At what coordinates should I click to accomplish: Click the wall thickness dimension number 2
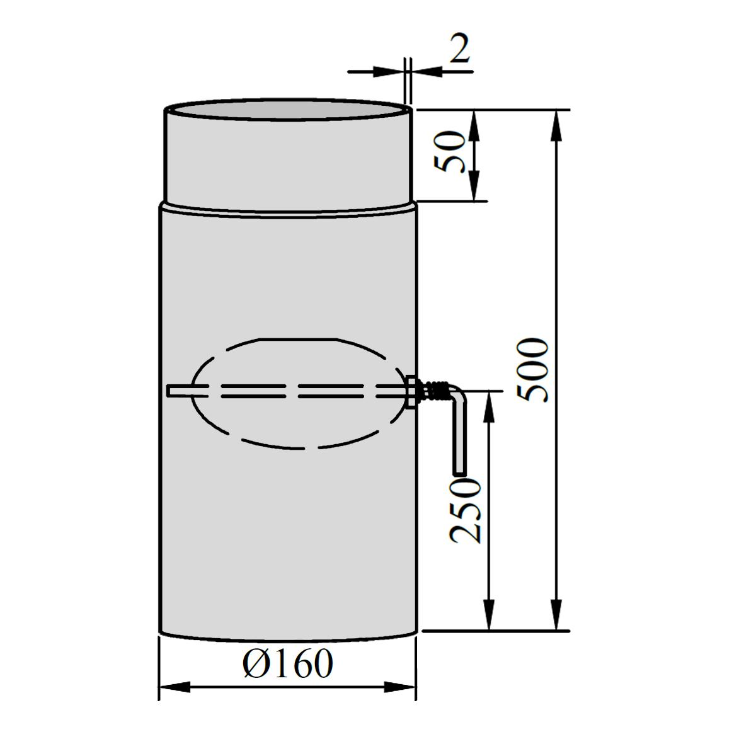tap(459, 49)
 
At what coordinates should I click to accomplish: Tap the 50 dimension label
tap(449, 151)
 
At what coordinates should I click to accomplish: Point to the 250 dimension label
tap(466, 511)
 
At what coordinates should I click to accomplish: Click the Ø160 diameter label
tap(288, 663)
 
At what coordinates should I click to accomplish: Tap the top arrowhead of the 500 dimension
tap(557, 125)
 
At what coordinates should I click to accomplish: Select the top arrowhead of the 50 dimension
tap(475, 125)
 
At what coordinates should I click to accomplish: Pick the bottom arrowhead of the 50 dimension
tap(475, 186)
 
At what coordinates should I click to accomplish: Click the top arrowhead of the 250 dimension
tap(488, 406)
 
